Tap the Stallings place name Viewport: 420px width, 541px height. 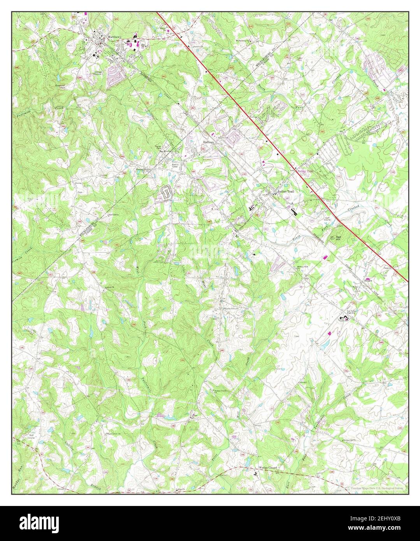(208, 142)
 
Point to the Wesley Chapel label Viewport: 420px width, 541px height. (268, 468)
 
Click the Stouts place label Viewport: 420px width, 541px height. (368, 280)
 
